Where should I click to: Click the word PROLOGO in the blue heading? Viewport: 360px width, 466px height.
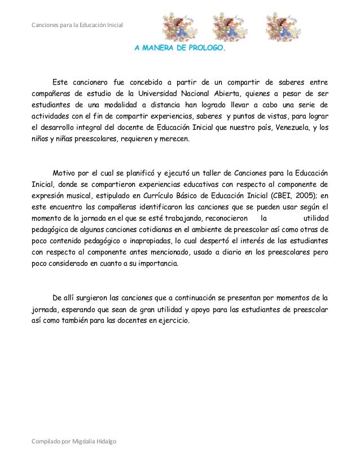(x=209, y=49)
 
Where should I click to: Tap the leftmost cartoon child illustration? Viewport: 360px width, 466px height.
(x=179, y=26)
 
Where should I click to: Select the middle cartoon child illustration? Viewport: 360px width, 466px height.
(x=229, y=26)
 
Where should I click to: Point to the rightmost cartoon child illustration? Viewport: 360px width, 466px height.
(x=283, y=26)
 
